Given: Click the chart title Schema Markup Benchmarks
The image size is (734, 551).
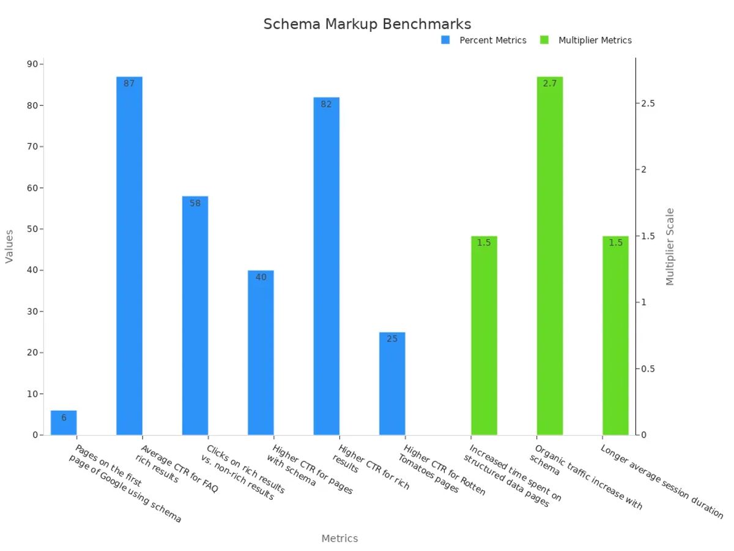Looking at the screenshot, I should point(367,24).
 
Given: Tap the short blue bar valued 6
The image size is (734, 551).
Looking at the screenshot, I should point(64,422).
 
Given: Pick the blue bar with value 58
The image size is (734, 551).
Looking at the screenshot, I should point(195,315).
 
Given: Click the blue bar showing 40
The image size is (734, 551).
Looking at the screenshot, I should point(261,353).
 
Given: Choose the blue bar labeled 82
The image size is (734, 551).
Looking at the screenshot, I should point(326,266).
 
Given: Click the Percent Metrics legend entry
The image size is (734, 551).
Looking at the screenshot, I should point(484,40).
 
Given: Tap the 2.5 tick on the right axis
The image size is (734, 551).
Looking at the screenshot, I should point(648,103).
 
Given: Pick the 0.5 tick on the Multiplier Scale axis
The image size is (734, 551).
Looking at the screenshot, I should point(648,369).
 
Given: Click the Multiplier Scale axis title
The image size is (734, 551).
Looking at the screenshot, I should point(670,247).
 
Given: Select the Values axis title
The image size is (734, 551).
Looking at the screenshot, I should point(9,247).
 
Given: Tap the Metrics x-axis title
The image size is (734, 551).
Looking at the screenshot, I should point(339,539).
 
